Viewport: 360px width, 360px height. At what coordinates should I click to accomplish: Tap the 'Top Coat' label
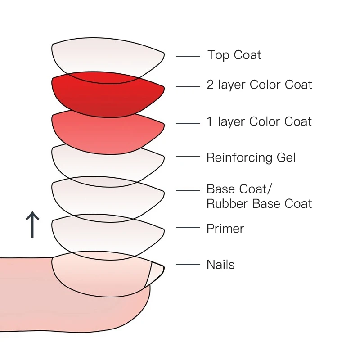(x=234, y=55)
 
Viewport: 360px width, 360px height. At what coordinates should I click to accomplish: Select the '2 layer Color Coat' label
(x=259, y=85)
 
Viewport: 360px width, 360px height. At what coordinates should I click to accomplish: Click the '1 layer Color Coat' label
(x=259, y=122)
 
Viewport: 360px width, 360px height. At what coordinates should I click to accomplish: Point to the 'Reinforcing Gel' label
(x=251, y=157)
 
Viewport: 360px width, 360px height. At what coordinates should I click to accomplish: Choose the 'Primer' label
(x=225, y=229)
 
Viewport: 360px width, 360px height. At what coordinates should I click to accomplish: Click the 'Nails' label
(x=220, y=265)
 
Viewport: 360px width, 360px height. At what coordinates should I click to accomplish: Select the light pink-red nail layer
(x=108, y=130)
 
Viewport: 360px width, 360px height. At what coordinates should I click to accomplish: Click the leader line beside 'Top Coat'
(x=188, y=56)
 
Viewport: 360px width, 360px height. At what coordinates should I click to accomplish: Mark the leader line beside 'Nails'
(x=188, y=265)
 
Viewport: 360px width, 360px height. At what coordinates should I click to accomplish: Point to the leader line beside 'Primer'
(x=188, y=228)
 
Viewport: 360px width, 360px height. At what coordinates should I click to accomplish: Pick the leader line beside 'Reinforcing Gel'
(x=188, y=156)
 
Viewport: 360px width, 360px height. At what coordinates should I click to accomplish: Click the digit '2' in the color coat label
(x=210, y=85)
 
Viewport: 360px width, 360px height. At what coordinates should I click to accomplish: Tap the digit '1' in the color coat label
(x=210, y=122)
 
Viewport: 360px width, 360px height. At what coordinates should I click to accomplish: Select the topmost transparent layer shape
(x=108, y=56)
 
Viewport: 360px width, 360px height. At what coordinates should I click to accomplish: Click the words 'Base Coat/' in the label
(x=243, y=189)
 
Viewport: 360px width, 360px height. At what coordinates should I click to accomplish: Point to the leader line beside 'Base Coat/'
(x=188, y=190)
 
